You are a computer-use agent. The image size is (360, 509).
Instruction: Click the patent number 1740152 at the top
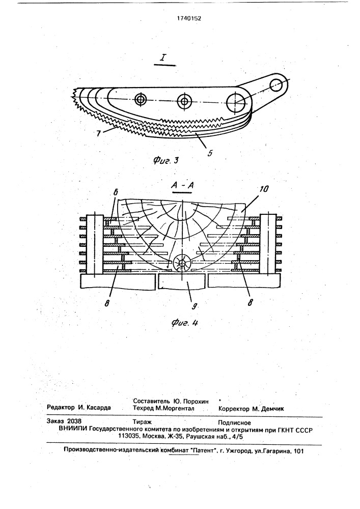coord(189,18)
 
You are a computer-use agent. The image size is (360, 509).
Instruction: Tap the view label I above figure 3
coord(163,58)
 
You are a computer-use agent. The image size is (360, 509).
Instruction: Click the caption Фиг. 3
coord(165,160)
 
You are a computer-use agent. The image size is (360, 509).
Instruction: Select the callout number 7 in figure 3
coord(98,133)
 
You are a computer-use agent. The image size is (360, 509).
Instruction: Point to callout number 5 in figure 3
coord(210,153)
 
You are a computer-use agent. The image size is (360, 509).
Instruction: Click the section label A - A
coord(182,185)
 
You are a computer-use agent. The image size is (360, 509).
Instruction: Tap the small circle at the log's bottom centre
coord(182,263)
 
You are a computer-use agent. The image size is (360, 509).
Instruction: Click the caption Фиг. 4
coord(184,323)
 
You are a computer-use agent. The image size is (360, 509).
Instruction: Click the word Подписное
coord(234,422)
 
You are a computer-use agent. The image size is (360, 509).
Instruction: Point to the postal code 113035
coord(130,436)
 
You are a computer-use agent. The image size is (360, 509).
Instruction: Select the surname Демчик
coord(273,409)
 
